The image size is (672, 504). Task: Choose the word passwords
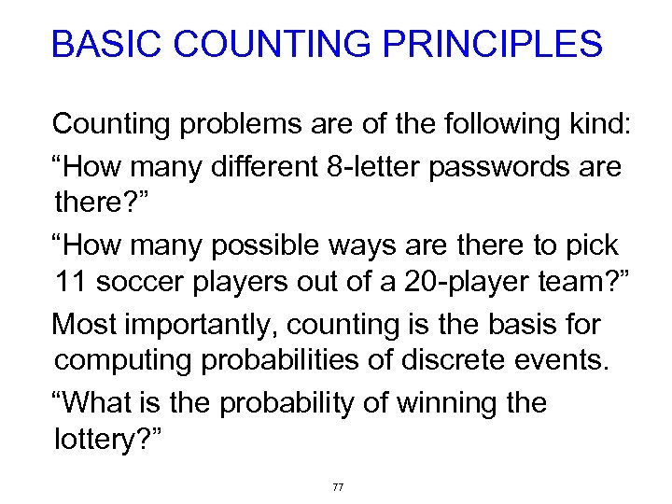tap(519, 166)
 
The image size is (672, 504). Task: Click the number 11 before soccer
tap(71, 282)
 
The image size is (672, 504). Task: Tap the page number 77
tap(338, 487)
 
